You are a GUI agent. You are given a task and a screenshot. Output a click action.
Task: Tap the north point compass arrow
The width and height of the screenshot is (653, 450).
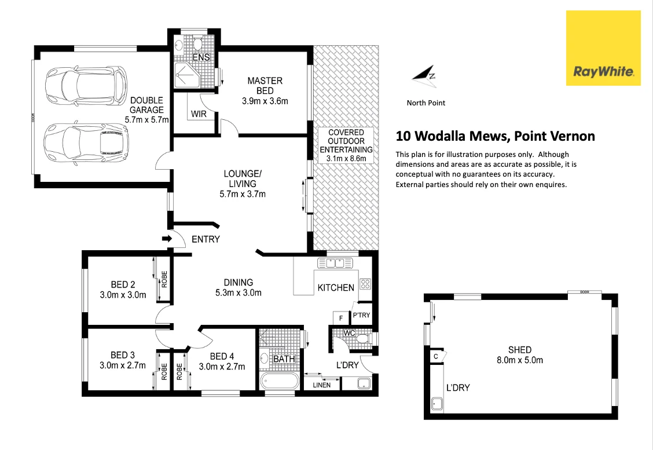point(424,74)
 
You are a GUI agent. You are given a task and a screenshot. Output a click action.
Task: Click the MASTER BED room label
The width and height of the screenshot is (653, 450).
point(265,85)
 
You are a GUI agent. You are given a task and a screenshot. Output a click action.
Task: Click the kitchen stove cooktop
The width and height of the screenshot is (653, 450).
point(365,284)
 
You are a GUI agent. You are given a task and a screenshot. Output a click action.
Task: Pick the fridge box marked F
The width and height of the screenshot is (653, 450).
point(340,318)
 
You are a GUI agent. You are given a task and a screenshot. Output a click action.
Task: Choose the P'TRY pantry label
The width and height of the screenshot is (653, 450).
point(361,315)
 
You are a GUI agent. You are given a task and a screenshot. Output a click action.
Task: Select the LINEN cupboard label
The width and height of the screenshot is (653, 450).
point(322,385)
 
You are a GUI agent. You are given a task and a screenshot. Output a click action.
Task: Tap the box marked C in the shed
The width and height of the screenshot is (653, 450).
point(435,356)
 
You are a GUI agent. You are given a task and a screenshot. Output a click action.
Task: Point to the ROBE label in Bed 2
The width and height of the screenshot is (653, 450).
point(164,280)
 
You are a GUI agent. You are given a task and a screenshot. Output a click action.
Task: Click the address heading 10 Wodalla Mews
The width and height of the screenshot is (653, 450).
point(495,137)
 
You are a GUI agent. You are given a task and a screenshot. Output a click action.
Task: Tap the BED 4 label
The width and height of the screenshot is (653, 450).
point(222,356)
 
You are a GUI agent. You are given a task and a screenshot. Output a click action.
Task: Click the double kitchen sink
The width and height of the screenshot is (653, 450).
point(335,264)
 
